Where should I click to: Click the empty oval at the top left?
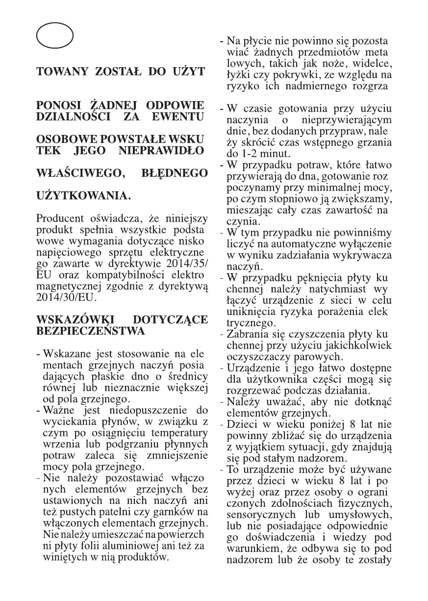click(x=54, y=36)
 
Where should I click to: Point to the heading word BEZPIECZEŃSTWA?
click(x=91, y=331)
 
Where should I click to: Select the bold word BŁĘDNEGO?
click(x=174, y=173)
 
